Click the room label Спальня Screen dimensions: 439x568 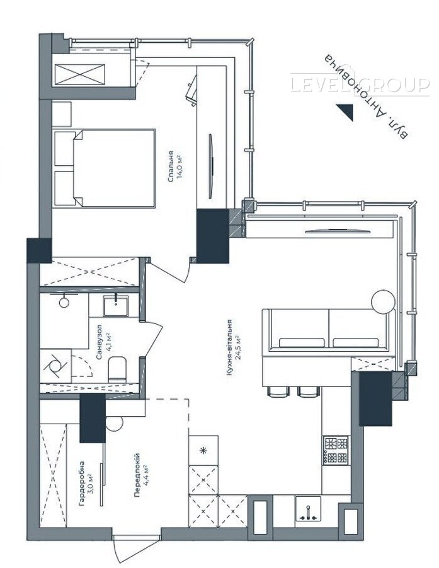click(x=171, y=166)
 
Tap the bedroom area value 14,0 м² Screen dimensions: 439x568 click(x=179, y=166)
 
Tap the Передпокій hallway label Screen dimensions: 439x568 click(x=137, y=475)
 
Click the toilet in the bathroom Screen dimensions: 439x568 click(x=117, y=369)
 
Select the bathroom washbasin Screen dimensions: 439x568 click(x=116, y=306)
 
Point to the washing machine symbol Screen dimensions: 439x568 click(x=55, y=366)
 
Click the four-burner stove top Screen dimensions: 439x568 click(x=336, y=450)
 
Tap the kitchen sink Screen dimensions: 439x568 click(x=308, y=509)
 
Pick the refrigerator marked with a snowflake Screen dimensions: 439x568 click(x=203, y=450)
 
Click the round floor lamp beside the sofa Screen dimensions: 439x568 click(x=384, y=302)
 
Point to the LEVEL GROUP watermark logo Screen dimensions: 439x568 click(x=360, y=84)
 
